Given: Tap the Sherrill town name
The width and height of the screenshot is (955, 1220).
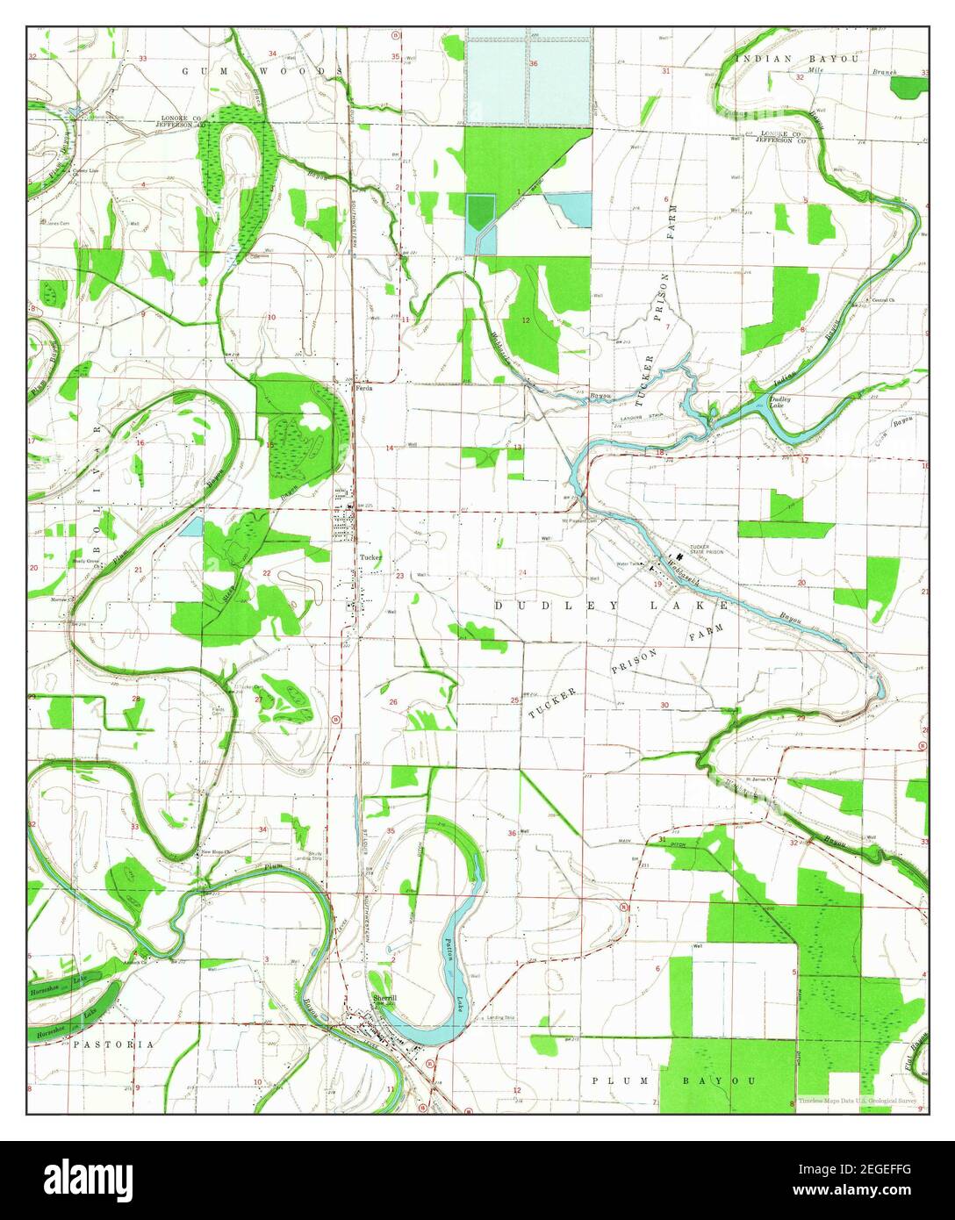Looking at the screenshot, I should point(384,999).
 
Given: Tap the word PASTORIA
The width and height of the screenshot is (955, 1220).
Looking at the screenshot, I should point(113,1044).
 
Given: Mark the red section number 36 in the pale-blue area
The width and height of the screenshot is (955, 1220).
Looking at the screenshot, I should point(533,63).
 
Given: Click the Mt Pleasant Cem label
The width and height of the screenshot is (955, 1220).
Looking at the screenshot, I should point(588,520).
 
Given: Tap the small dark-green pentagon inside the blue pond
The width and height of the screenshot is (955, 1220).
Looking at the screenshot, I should point(479,212).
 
